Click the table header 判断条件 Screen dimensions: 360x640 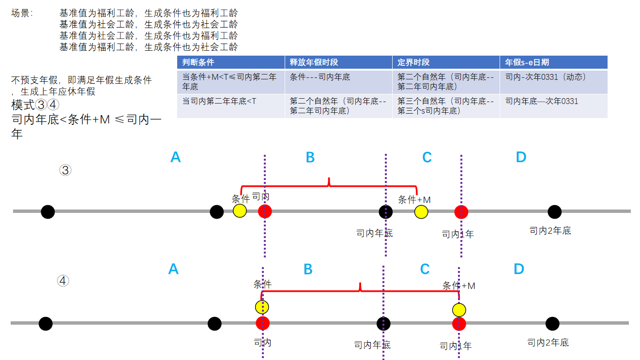click(198, 62)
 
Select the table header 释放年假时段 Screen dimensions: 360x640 click(314, 62)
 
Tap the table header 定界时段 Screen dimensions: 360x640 click(413, 62)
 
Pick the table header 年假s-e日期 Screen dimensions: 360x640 click(527, 62)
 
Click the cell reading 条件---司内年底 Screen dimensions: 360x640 click(320, 77)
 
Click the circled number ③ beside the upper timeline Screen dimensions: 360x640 click(65, 170)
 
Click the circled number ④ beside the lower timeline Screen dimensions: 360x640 click(63, 281)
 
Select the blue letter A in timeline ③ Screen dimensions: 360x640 click(176, 157)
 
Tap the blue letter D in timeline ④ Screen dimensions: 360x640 click(518, 269)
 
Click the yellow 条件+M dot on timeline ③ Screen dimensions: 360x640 click(421, 211)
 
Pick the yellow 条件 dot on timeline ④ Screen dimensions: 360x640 click(262, 307)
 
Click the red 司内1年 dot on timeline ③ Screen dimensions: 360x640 click(461, 211)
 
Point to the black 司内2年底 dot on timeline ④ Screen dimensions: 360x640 click(552, 323)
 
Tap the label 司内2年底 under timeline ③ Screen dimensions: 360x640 click(550, 231)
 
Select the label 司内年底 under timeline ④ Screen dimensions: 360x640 click(372, 345)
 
